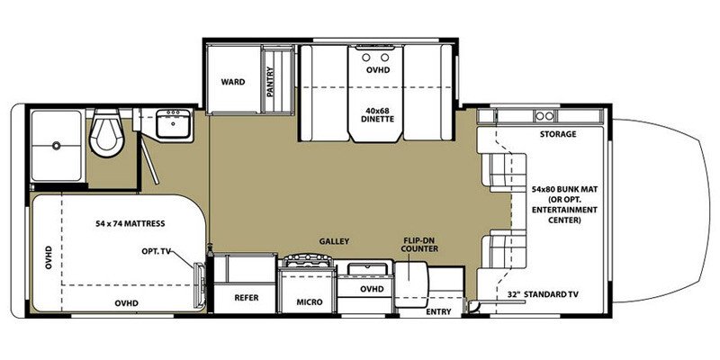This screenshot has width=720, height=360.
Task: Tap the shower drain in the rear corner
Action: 56,143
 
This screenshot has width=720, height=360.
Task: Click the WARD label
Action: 233,82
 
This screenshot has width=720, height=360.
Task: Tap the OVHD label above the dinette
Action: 378,68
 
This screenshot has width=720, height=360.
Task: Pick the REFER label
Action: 247,297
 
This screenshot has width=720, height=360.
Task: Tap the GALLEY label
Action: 332,241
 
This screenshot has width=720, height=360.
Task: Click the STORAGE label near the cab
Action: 558,134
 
